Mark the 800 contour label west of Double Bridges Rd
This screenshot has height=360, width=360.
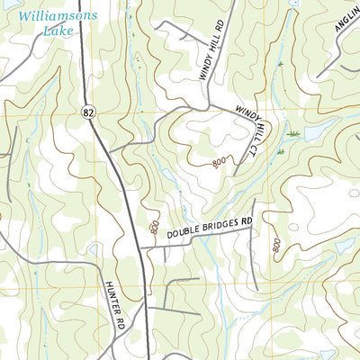(x=155, y=229)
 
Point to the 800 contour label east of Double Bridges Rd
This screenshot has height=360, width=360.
(x=276, y=244)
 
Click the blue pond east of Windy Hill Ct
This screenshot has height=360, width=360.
(x=316, y=134)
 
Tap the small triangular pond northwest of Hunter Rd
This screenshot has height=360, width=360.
(x=94, y=249)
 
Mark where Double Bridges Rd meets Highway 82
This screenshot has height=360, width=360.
(x=141, y=249)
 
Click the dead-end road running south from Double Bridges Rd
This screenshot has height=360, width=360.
(x=255, y=261)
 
